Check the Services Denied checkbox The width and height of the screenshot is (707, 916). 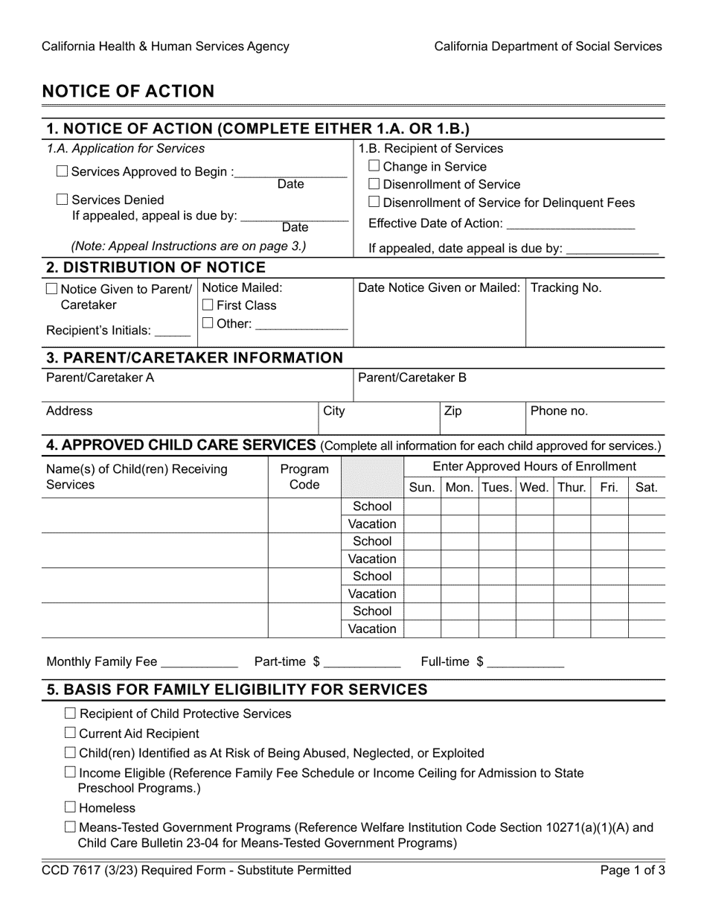63,200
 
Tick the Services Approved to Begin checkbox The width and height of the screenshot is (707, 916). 63,171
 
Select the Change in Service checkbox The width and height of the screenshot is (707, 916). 374,166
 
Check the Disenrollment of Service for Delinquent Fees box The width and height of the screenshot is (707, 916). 374,202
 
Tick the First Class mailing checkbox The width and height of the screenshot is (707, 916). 208,305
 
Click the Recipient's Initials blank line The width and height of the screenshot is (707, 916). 173,331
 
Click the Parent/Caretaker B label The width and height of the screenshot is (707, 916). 412,378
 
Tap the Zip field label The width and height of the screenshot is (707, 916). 452,411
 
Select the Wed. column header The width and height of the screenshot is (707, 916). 534,489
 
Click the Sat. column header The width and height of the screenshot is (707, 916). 646,489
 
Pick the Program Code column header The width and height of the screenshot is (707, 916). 304,477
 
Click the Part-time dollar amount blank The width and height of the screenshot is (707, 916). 362,662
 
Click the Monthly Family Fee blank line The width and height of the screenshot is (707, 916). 199,662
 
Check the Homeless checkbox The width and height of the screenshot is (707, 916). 70,807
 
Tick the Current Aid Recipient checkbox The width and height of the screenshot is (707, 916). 70,733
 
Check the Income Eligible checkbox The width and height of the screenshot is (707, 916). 70,772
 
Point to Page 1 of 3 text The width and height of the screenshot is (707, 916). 633,870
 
